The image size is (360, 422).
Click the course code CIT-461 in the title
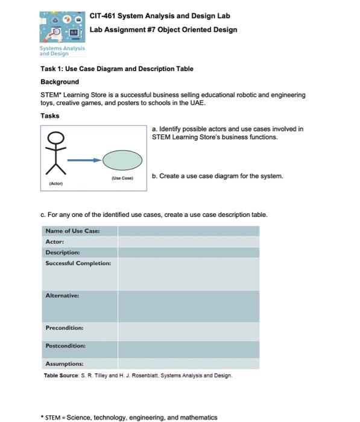(x=104, y=16)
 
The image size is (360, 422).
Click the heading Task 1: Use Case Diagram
(x=116, y=69)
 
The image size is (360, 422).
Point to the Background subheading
(x=59, y=81)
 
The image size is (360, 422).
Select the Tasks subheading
(x=49, y=116)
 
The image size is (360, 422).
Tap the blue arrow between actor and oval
(x=83, y=160)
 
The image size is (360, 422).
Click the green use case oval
(x=122, y=160)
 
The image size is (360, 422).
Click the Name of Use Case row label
(x=72, y=231)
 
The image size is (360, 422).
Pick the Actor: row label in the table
(x=55, y=241)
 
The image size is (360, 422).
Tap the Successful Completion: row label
(x=78, y=263)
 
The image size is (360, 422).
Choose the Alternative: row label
(x=63, y=295)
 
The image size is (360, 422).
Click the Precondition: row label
(x=65, y=328)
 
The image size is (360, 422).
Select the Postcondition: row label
(x=65, y=345)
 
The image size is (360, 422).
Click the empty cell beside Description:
(x=188, y=252)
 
